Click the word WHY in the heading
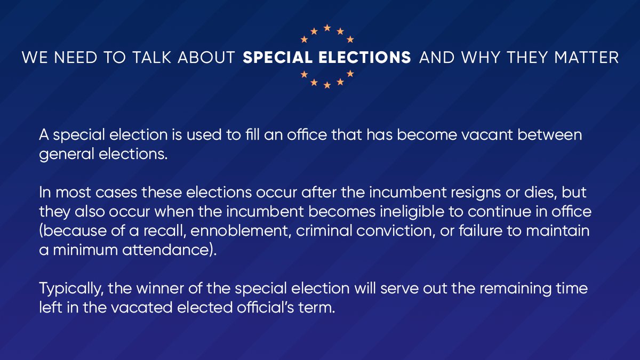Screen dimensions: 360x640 [478, 57]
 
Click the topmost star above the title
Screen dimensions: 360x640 [327, 27]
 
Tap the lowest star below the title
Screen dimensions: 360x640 [327, 85]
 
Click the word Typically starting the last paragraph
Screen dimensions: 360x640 [71, 289]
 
